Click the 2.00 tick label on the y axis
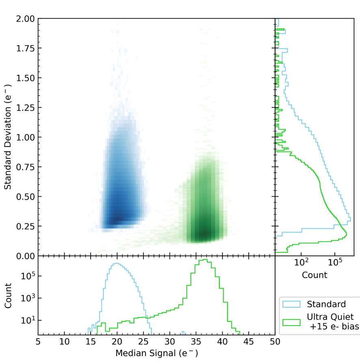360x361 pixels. point(26,19)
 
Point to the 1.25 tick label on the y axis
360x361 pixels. point(26,107)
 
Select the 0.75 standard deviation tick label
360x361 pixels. point(26,167)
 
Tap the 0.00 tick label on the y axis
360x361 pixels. point(26,256)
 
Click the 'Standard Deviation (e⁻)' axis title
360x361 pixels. point(7,137)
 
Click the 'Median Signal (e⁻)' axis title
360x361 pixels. point(156,353)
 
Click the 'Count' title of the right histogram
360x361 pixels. point(314,275)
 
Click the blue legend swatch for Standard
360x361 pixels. point(291,304)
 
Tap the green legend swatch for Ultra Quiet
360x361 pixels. point(291,322)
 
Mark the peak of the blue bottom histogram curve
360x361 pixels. point(117,263)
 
